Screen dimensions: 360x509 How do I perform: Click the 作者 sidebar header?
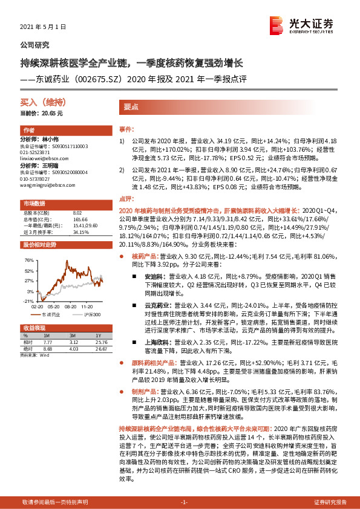point(28,131)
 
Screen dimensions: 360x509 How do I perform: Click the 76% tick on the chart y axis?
point(29,260)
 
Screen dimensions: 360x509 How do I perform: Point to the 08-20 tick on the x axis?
point(64,307)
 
